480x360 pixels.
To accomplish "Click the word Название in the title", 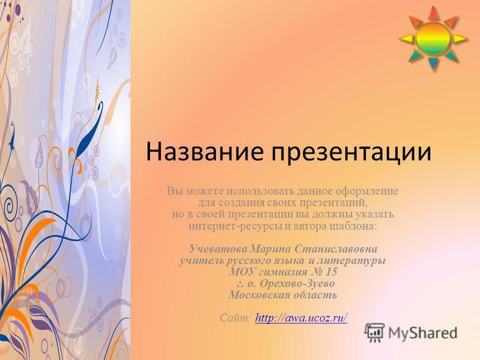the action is click(204, 152).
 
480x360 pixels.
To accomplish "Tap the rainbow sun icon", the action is click(433, 39).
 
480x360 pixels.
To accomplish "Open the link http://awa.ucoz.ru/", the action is click(301, 317).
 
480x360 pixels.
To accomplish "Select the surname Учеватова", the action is click(218, 248).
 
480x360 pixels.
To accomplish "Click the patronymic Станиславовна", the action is click(336, 248).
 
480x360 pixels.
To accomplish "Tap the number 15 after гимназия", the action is click(331, 272).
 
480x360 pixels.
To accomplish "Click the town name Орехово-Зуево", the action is click(297, 283).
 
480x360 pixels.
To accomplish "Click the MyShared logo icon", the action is click(374, 332).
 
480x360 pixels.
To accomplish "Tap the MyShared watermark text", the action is click(422, 333).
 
